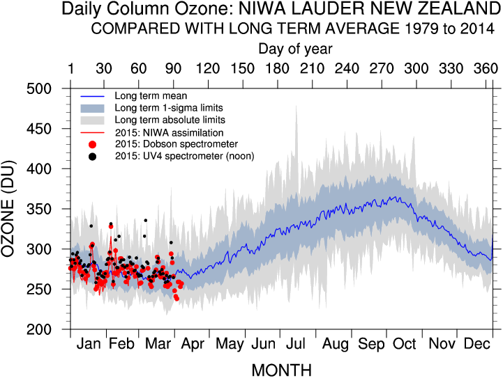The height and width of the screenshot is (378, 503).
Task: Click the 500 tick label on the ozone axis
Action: tap(47, 89)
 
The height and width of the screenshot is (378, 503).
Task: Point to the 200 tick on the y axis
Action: tap(47, 329)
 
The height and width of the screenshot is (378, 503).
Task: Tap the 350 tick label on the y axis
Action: tap(47, 210)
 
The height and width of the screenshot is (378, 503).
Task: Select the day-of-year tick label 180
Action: tap(277, 68)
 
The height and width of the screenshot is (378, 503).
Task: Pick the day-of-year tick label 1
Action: tap(70, 68)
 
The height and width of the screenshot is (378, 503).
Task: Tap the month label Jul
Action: tap(296, 345)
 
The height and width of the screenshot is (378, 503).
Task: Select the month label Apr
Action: tap(192, 345)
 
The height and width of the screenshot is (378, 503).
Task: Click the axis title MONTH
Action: tap(281, 369)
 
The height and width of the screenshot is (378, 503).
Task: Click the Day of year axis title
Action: tap(295, 49)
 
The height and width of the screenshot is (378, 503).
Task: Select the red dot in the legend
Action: tap(92, 144)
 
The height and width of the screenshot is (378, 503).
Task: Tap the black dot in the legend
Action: tap(92, 156)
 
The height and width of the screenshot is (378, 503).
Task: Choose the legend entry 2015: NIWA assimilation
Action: tap(169, 132)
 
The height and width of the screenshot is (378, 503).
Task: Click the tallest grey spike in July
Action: tap(296, 109)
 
